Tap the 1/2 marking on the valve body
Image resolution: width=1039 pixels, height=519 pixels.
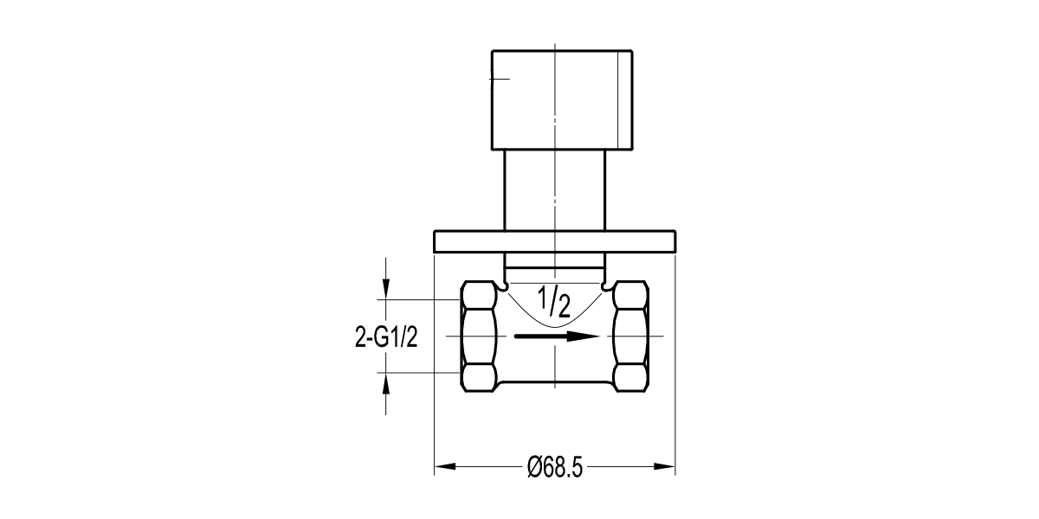pos(554,301)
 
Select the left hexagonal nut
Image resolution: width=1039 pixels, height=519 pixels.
pos(478,336)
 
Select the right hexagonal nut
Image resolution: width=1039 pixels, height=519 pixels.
pos(629,336)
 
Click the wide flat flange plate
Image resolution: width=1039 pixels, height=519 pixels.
pos(554,241)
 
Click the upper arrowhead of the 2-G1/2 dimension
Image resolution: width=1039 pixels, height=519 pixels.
pos(386,289)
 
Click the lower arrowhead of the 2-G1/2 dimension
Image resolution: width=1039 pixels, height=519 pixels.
pos(386,383)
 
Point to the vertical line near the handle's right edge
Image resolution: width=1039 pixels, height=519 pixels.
pos(618,99)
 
